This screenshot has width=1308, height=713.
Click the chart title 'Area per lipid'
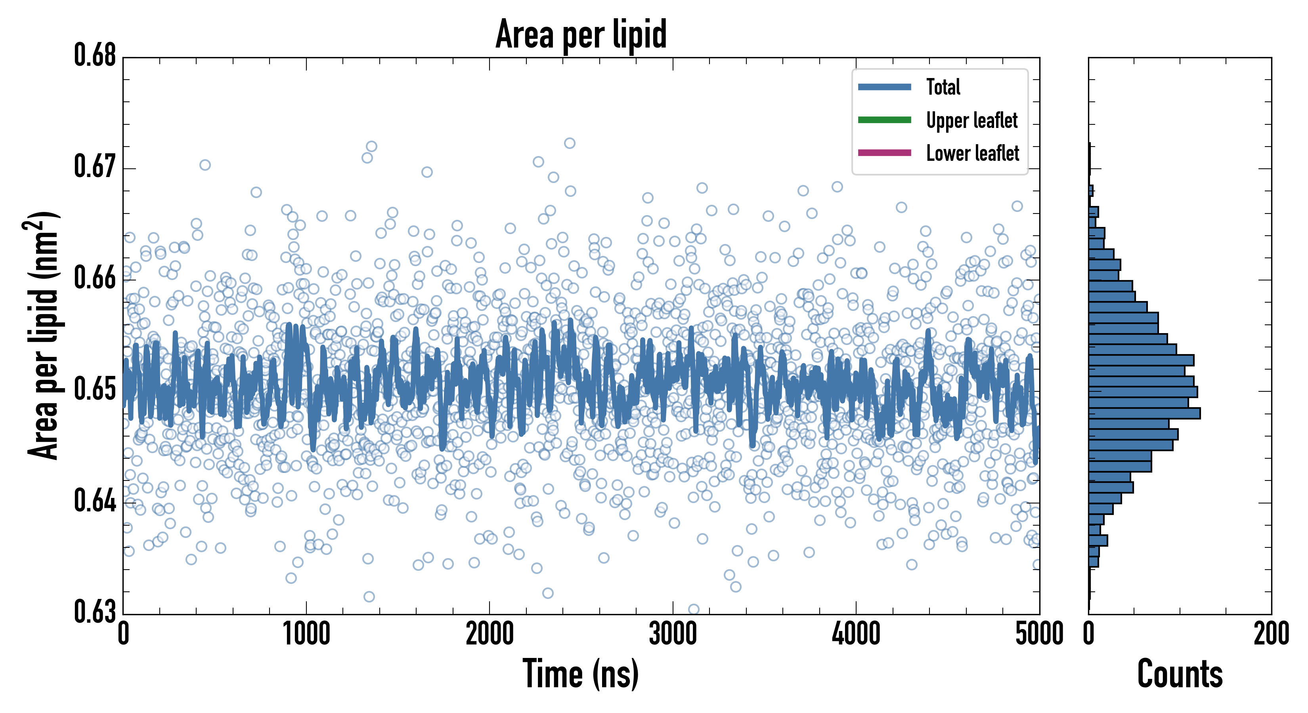tap(581, 34)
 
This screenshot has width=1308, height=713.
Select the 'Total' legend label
tap(943, 87)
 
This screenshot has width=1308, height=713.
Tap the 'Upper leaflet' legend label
tap(971, 120)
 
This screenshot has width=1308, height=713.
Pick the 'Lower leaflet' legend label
tap(972, 153)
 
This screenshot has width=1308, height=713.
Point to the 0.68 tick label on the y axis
tap(95, 55)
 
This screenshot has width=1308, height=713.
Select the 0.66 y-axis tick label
tap(95, 278)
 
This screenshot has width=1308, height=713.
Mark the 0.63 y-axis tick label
tap(95, 612)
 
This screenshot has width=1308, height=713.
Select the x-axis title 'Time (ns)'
tap(581, 674)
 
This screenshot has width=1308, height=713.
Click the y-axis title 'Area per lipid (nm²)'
tap(43, 336)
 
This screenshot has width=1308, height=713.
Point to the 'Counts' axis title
tap(1180, 674)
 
